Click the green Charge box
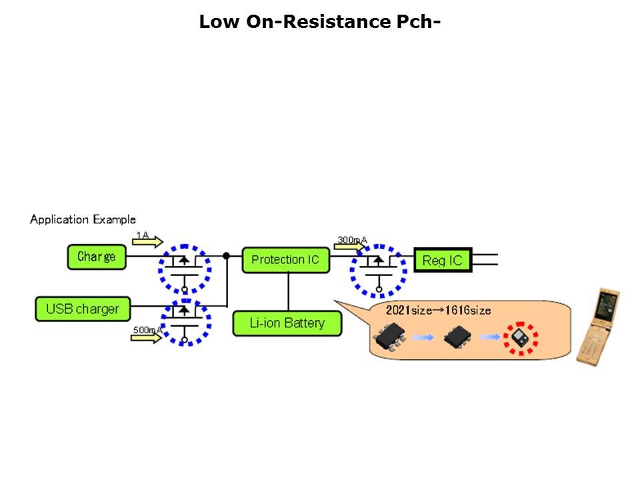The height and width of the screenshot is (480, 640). [97, 257]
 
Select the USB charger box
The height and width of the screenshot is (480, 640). [83, 309]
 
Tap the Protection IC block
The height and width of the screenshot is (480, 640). [285, 260]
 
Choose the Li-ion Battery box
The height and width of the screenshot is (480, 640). [287, 323]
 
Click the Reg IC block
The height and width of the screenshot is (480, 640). [443, 260]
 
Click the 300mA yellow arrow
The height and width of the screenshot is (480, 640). [349, 245]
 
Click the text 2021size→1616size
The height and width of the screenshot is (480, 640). [438, 310]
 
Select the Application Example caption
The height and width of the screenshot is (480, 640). [83, 219]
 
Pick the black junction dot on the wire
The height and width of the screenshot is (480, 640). [227, 256]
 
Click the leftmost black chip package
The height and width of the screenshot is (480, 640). [391, 337]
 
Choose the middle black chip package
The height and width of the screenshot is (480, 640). [458, 337]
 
